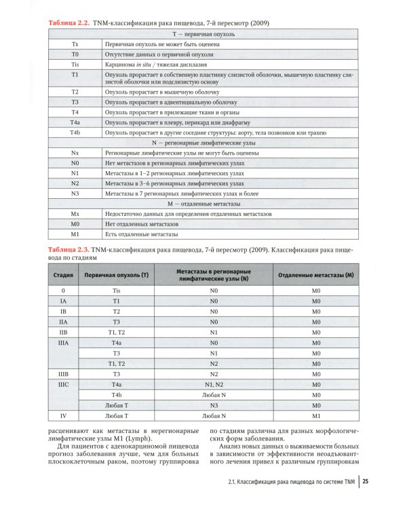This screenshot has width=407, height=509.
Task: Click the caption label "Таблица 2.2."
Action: pos(67,23)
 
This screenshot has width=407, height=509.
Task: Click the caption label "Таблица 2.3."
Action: pos(67,250)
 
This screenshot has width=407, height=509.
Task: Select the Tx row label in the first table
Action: pos(75,43)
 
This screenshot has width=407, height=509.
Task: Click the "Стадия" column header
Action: pos(63,276)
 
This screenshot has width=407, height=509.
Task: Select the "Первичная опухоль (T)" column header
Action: pos(116,276)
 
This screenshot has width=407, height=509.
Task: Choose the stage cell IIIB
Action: pos(63,374)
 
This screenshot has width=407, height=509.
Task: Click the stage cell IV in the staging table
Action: pos(63,415)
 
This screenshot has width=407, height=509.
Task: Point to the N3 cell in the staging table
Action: pos(214,404)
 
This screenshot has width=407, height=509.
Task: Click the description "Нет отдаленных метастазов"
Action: pos(142,224)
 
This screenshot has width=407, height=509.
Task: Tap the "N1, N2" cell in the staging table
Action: pos(214,384)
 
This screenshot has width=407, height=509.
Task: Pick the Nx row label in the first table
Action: pos(75,154)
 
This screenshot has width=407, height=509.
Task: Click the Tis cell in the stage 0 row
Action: pos(116,290)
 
